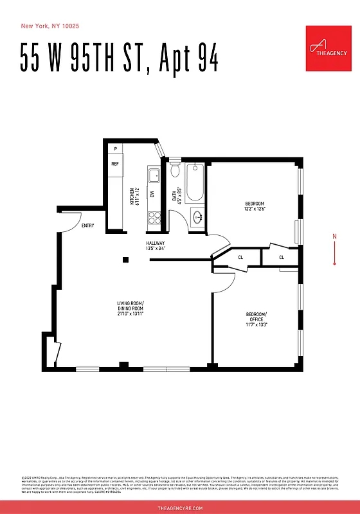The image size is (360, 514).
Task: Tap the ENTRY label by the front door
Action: [x=88, y=226]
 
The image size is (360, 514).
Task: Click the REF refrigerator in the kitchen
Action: [x=115, y=164]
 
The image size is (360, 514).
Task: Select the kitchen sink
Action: [x=154, y=175]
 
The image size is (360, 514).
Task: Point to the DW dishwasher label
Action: [x=152, y=194]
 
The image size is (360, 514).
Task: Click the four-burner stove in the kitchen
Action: [x=154, y=217]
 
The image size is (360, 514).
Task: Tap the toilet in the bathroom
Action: [x=175, y=170]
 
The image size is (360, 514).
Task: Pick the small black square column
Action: [x=126, y=260]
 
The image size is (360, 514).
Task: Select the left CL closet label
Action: [x=240, y=258]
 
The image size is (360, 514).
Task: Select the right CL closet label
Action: [x=282, y=258]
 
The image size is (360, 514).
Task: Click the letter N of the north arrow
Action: [x=334, y=236]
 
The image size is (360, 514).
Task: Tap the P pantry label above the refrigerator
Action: [x=115, y=149]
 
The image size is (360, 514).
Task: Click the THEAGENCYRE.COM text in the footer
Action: [x=180, y=508]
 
